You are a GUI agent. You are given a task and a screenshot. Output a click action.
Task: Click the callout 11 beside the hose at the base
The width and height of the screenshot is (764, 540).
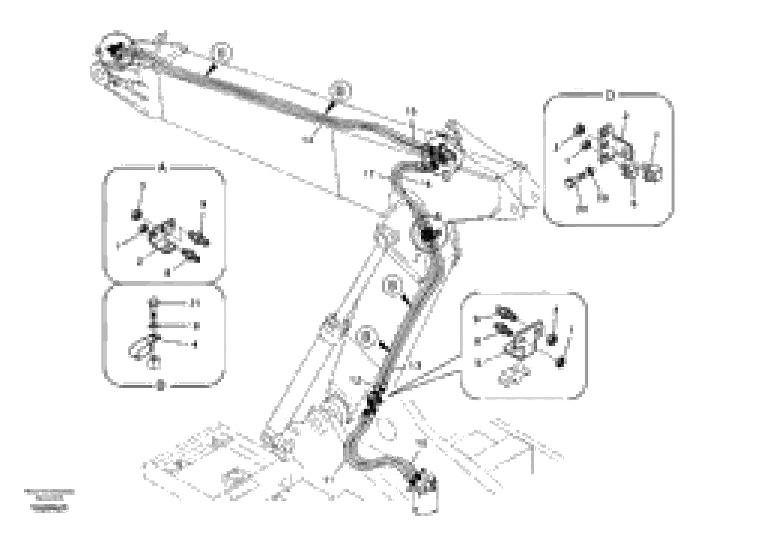tap(329, 480)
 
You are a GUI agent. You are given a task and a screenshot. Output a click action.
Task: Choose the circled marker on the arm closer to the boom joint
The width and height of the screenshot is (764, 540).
tap(339, 90)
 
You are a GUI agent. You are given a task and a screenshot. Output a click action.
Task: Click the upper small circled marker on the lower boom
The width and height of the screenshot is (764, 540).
tap(392, 286)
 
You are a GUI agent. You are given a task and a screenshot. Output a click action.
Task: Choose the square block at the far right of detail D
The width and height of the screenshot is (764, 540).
tap(653, 173)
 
